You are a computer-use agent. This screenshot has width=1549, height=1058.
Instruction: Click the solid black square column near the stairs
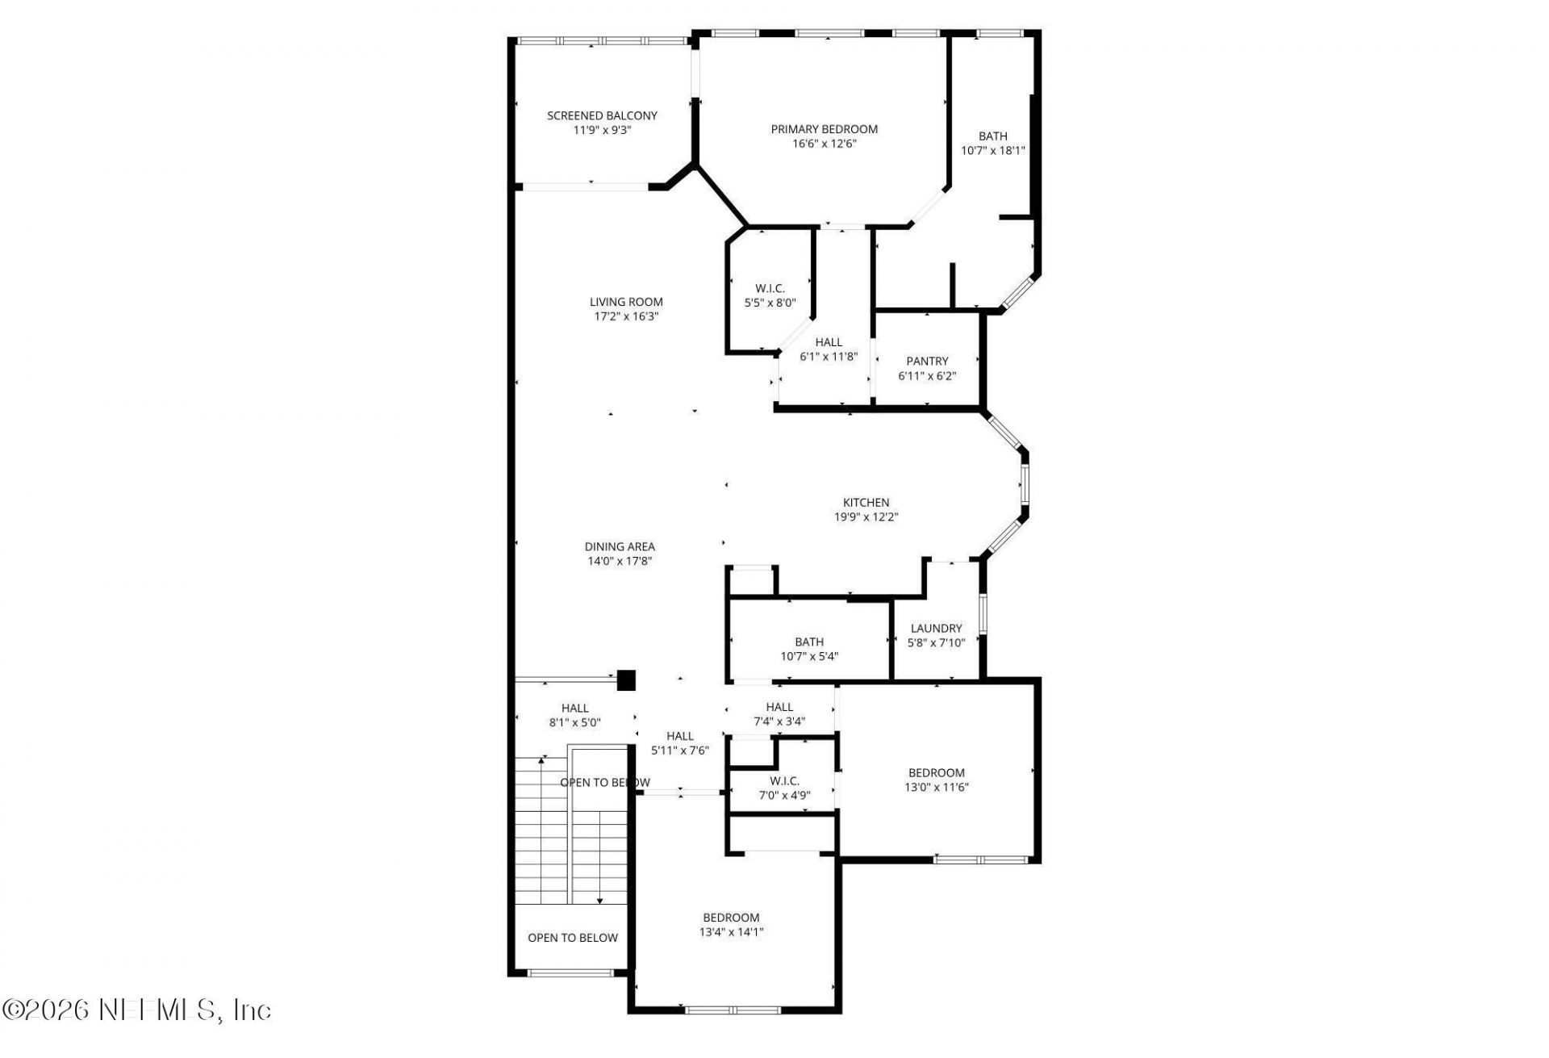[626, 680]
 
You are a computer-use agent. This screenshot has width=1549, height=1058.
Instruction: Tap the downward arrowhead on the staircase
[599, 901]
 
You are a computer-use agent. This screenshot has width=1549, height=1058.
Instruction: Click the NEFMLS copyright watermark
[137, 1010]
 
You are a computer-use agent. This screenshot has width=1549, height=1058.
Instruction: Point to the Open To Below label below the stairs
[572, 938]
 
